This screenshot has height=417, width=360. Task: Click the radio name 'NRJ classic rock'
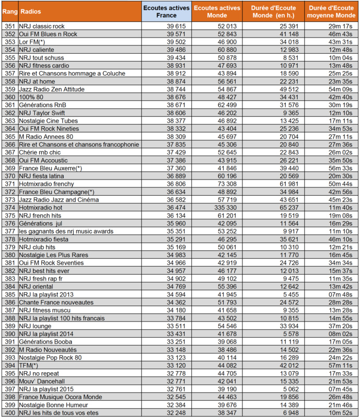tap(42, 26)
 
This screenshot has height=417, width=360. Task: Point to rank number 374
tap(9, 207)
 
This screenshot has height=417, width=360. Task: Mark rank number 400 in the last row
tap(9, 412)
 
